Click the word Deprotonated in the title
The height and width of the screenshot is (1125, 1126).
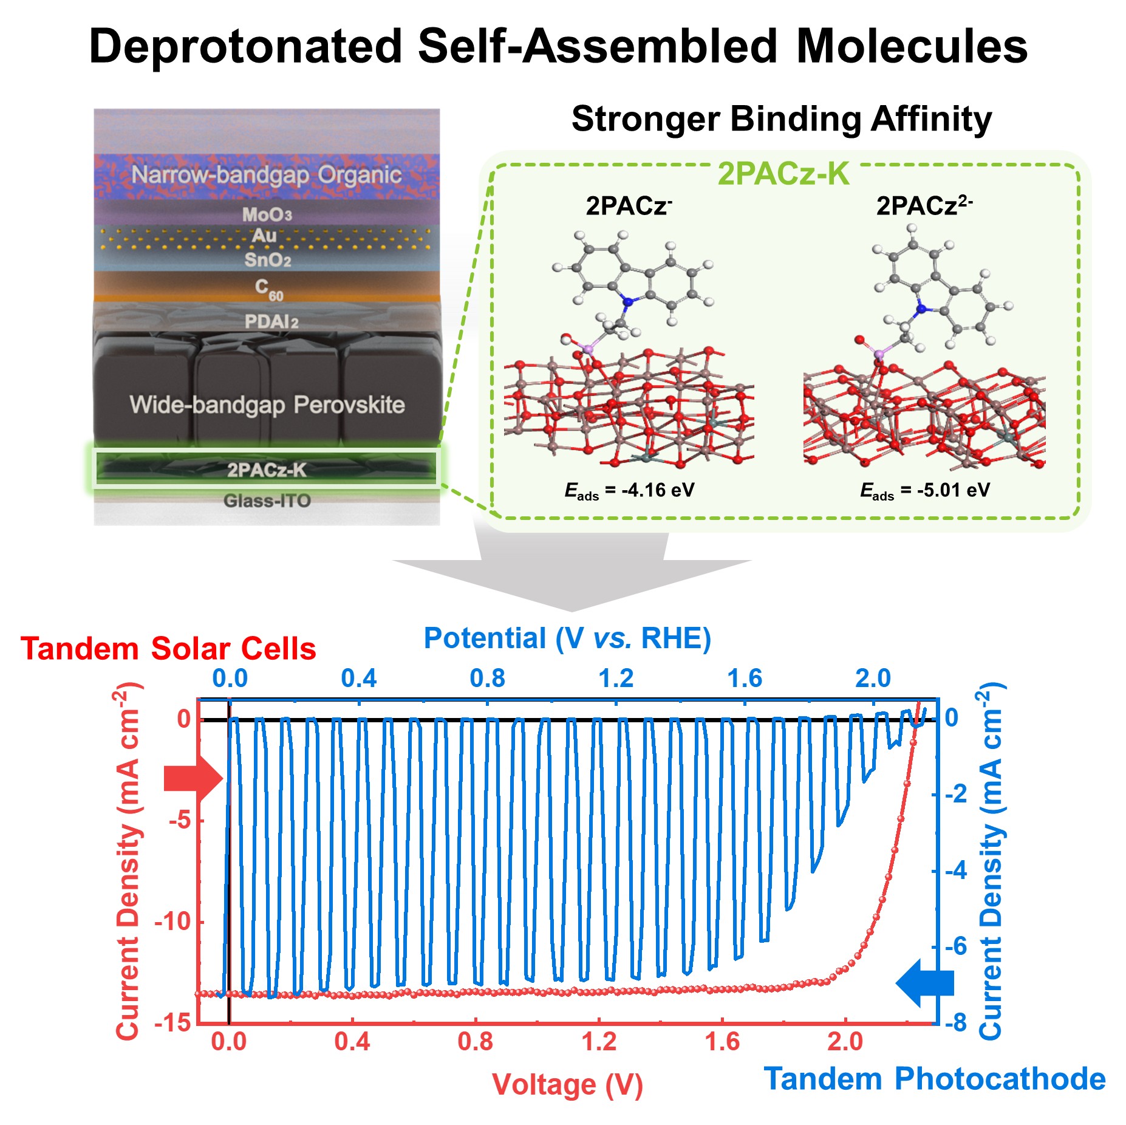point(245,46)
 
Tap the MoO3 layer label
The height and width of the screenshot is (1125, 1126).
point(267,214)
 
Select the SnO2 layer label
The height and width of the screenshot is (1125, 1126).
point(267,261)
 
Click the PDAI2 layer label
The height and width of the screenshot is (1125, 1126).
point(271,321)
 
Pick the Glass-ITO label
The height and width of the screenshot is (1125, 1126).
point(267,501)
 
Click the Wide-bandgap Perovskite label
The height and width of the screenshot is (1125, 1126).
point(267,405)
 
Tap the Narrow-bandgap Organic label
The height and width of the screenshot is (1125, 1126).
point(266,175)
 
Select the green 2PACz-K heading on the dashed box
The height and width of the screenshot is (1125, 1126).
point(783,174)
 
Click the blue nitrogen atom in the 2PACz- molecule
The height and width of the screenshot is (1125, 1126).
point(629,301)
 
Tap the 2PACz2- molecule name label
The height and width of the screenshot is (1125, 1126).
point(923,206)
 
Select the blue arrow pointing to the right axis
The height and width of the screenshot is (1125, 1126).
point(924,982)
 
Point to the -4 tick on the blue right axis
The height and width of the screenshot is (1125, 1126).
point(956,870)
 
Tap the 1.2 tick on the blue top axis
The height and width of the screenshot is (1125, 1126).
point(616,679)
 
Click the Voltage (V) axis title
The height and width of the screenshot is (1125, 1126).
point(567,1085)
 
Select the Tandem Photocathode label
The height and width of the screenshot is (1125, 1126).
point(935,1079)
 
